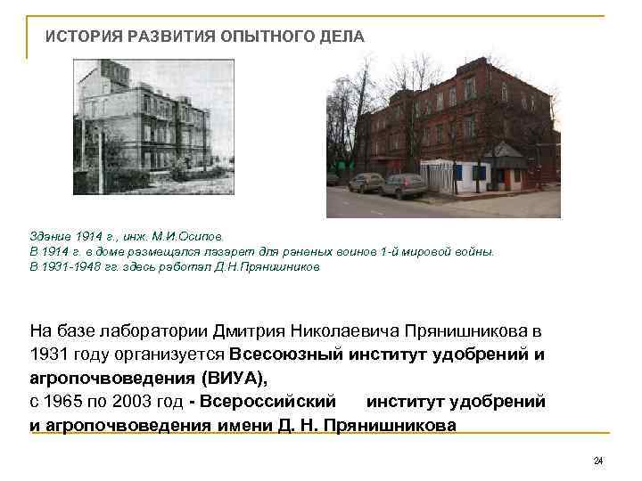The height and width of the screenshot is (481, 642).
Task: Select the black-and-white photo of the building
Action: click(x=152, y=126)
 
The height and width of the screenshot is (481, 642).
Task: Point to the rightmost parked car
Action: click(x=403, y=185)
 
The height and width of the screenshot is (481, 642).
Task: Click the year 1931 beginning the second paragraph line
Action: click(x=49, y=354)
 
